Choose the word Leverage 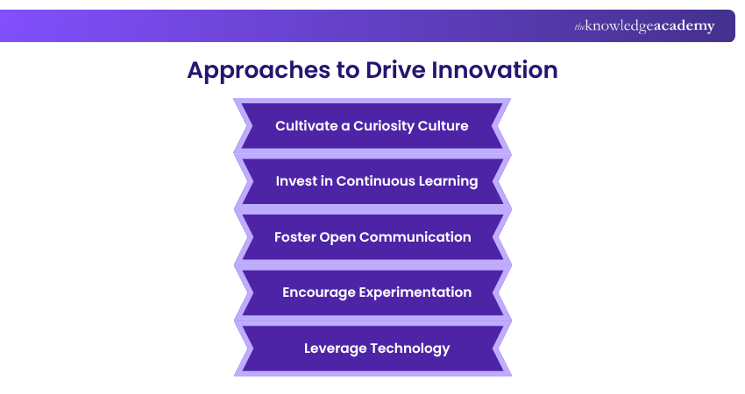click(336, 348)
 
